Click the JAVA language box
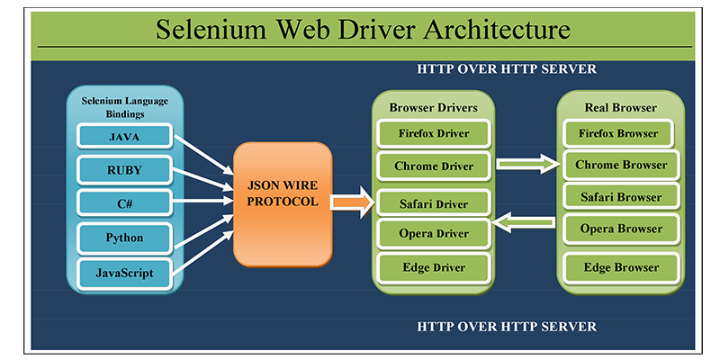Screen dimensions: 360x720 tap(124, 137)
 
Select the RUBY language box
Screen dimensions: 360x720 tap(124, 168)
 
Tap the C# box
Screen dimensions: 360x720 tap(124, 202)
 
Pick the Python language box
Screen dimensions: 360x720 tap(124, 238)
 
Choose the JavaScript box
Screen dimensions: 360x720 tap(124, 271)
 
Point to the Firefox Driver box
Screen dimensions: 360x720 tap(433, 134)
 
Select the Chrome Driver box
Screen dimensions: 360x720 tap(433, 166)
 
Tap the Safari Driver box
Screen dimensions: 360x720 tap(433, 203)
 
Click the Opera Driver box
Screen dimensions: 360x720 tap(433, 234)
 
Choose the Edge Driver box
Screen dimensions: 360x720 tap(433, 267)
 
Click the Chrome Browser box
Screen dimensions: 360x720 tap(621, 165)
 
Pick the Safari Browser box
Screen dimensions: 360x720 tap(621, 197)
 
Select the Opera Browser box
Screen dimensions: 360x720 tap(621, 229)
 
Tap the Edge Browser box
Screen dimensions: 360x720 tap(621, 267)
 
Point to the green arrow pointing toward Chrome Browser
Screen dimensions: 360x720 tap(527, 164)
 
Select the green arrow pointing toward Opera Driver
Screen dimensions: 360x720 tap(527, 220)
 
